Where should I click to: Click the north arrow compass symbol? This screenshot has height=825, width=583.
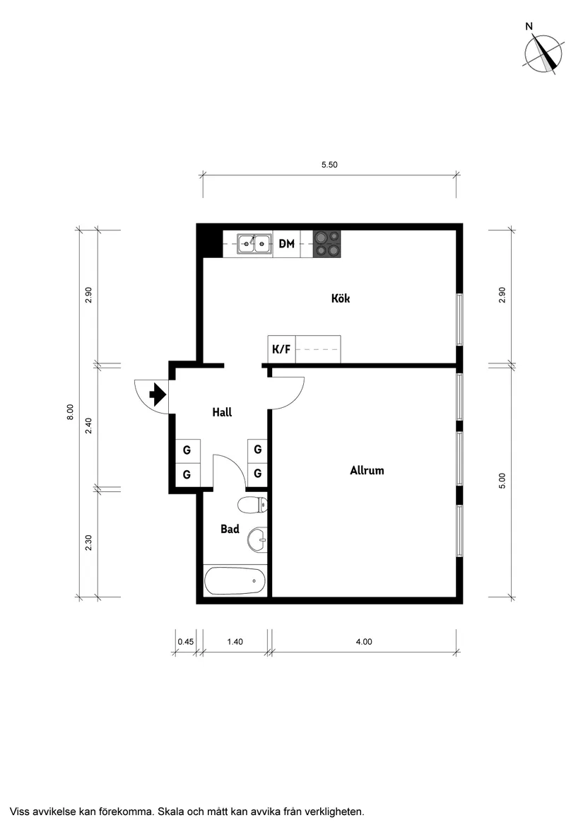coord(543,52)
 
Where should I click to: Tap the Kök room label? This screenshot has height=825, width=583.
coord(341,298)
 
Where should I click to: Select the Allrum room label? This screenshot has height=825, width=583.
coord(367,470)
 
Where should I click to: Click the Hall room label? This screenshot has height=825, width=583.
coord(222,412)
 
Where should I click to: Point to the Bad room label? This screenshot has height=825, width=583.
coord(230,529)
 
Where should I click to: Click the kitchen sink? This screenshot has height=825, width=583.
coord(254,244)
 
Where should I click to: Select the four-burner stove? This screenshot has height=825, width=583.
coord(326,244)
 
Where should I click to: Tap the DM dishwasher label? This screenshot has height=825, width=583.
coord(286,244)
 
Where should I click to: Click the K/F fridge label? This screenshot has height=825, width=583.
coord(281,349)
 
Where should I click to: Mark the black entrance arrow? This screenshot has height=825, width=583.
coord(157,392)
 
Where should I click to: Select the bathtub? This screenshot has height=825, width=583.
coord(235,582)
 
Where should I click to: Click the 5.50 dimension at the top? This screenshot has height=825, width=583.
coord(329,165)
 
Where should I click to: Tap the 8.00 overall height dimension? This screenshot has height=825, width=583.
coord(70,412)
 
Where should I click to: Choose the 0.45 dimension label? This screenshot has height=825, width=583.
coord(185,642)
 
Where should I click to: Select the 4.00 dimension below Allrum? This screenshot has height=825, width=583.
coord(363,642)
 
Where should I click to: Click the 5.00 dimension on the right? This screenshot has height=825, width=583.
coord(502,481)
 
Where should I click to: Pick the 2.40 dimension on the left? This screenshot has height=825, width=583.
coord(88,427)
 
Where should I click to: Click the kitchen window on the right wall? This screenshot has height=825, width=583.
coord(459,320)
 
